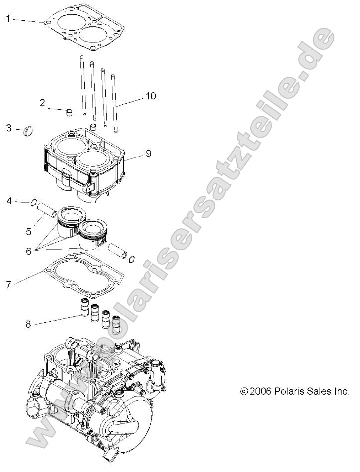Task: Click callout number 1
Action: coord(8,19)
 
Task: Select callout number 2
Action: coord(43,103)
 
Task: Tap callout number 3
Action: coord(8,128)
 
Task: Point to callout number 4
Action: coord(8,201)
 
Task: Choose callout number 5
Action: coord(28,231)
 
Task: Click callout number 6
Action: coord(28,252)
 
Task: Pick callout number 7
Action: coord(8,285)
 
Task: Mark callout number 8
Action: coord(28,325)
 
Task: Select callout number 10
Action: coord(151,96)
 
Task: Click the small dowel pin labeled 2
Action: coord(70,110)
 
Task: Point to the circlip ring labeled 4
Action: coord(34,203)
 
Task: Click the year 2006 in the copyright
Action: coord(260,391)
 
